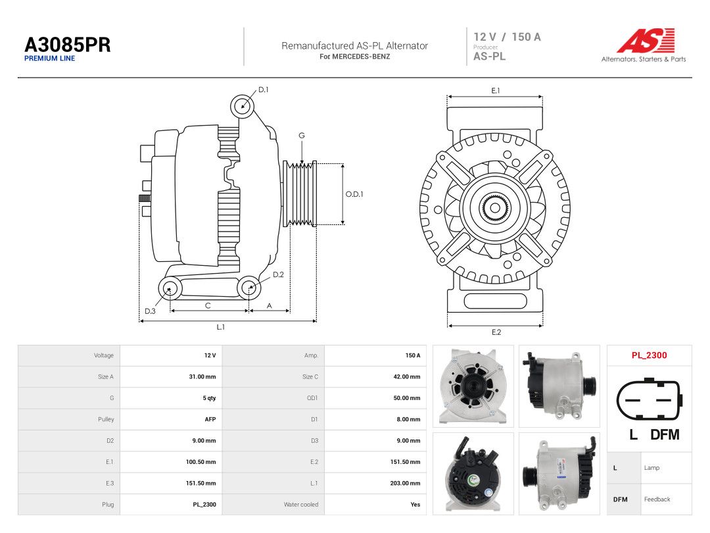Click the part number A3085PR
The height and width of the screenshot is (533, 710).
click(x=68, y=45)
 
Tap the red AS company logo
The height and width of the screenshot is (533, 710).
click(x=646, y=40)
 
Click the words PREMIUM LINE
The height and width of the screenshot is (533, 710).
click(x=50, y=59)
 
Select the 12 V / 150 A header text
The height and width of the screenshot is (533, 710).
click(x=507, y=37)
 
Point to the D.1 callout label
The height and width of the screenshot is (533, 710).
click(x=264, y=89)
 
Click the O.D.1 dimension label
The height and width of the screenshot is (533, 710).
click(x=354, y=194)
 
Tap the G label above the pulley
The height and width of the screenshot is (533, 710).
click(x=302, y=136)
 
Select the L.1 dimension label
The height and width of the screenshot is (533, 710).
click(x=220, y=327)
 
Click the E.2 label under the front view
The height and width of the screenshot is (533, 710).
click(x=496, y=332)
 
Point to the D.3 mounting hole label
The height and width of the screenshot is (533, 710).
click(x=150, y=311)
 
